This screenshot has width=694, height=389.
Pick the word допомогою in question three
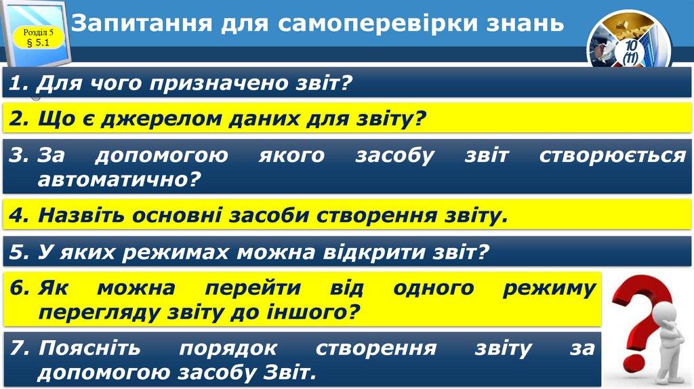point(161,156)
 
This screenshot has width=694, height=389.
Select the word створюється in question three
point(612,156)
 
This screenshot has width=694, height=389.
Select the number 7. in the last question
point(20,348)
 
